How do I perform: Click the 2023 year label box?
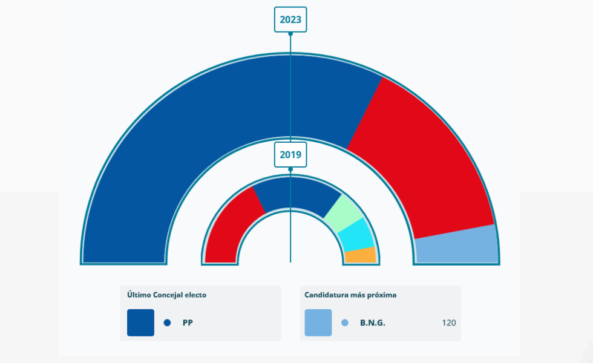click(x=290, y=19)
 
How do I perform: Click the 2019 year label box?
click(x=290, y=155)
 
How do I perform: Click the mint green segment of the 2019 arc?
click(x=344, y=214)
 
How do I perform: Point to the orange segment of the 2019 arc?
click(x=361, y=255)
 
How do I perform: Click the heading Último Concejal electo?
click(x=166, y=295)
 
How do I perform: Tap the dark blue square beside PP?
click(x=140, y=322)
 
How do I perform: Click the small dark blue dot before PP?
click(x=167, y=322)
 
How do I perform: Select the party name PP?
click(x=188, y=323)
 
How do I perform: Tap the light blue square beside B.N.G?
click(x=318, y=322)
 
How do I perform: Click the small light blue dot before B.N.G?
click(x=345, y=322)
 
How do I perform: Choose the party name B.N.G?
click(x=372, y=323)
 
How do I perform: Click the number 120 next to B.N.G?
click(x=449, y=323)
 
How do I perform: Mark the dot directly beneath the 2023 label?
click(x=290, y=34)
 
